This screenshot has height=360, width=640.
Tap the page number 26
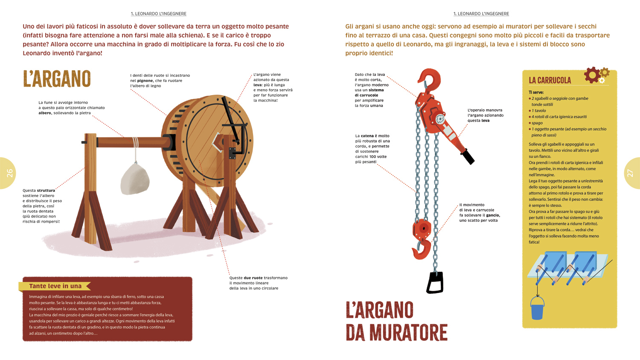pyautogui.click(x=9, y=173)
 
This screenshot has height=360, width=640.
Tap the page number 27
pyautogui.click(x=630, y=173)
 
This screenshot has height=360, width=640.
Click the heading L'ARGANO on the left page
pyautogui.click(x=57, y=79)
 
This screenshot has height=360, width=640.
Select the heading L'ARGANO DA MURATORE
pyautogui.click(x=396, y=322)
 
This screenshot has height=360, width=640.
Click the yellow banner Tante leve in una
pyautogui.click(x=55, y=286)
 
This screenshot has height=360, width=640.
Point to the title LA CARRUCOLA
pyautogui.click(x=550, y=80)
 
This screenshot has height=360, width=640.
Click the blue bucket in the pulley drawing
pyautogui.click(x=537, y=308)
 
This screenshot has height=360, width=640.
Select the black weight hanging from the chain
pyautogui.click(x=435, y=282)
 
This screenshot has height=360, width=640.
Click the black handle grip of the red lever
pyautogui.click(x=468, y=156)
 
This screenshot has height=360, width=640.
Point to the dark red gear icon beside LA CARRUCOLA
pyautogui.click(x=592, y=75)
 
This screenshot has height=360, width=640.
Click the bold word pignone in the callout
pyautogui.click(x=145, y=81)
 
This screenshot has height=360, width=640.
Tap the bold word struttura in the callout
pyautogui.click(x=46, y=191)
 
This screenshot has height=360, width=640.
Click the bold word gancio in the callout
pyautogui.click(x=492, y=215)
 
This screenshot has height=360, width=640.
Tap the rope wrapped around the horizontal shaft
pyautogui.click(x=135, y=143)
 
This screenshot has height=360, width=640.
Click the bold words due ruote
pyautogui.click(x=253, y=278)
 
